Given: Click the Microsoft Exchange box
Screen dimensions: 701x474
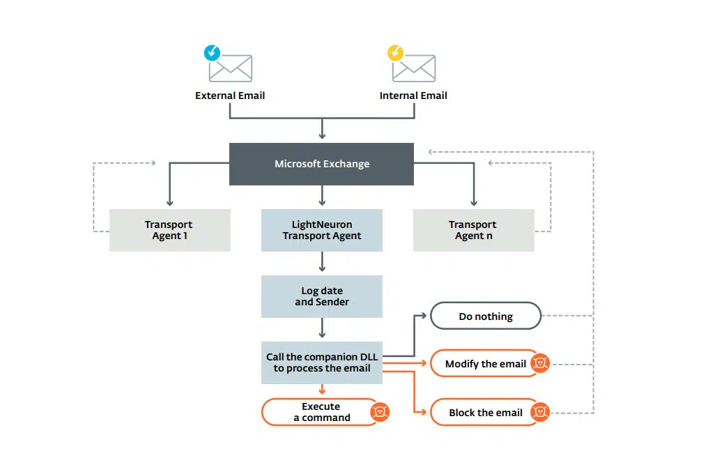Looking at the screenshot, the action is (x=321, y=164).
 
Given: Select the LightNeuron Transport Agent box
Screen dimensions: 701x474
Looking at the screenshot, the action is (x=322, y=230).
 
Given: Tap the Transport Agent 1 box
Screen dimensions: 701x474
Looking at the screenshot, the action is (x=170, y=230).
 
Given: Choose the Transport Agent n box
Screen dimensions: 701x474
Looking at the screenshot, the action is (x=473, y=230).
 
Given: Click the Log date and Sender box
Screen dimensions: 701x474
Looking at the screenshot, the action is (x=322, y=296).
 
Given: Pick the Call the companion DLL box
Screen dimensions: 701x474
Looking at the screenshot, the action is (x=322, y=362).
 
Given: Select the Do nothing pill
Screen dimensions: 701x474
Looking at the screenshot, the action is (x=486, y=316).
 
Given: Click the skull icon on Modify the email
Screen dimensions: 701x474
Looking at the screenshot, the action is (x=540, y=362).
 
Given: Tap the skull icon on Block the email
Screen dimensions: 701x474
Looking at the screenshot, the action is (x=540, y=411).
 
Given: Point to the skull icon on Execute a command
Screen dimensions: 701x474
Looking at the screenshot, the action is (x=380, y=411).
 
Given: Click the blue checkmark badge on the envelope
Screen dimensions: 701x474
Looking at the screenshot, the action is (x=212, y=53).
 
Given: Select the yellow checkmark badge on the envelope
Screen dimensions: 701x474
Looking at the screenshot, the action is (x=395, y=53).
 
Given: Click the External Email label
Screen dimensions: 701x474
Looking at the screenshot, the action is (x=230, y=95).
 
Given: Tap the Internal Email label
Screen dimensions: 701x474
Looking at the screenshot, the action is (x=413, y=95).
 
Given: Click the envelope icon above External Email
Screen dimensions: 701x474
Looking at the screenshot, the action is (x=231, y=68).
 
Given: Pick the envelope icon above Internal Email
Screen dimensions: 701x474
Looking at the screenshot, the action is (x=414, y=68).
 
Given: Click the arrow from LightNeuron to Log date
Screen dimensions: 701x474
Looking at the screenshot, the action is (x=322, y=261).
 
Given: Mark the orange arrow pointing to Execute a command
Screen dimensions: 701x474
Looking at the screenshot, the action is (x=322, y=389).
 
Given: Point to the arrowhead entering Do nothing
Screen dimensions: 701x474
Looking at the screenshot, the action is (x=424, y=316).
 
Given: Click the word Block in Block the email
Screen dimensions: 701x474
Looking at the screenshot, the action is (x=461, y=412).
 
